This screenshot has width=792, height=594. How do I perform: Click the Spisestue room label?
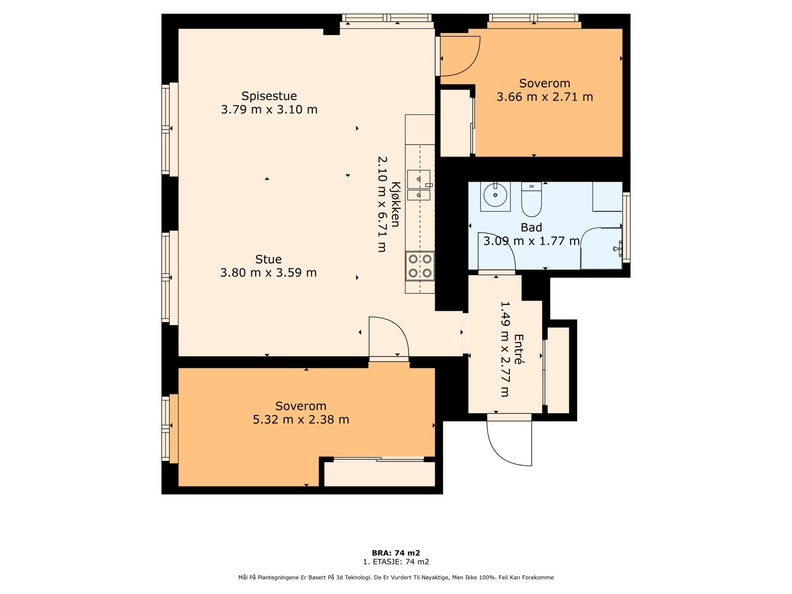tap(269, 96)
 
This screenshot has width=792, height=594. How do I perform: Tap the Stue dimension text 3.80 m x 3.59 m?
tap(268, 273)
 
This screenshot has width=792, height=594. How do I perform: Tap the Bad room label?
tap(531, 228)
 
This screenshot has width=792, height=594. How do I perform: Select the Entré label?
tap(518, 349)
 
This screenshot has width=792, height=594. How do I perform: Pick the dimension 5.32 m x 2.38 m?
tap(301, 419)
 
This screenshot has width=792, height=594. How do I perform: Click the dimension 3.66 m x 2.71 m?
tap(545, 97)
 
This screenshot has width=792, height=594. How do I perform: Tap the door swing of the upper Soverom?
tap(460, 56)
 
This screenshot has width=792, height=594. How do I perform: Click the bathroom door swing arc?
tap(496, 251)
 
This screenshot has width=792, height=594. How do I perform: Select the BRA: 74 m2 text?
tap(396, 553)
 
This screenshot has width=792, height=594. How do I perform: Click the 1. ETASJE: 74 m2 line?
tap(396, 561)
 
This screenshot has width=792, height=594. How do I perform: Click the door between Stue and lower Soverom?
tap(389, 338)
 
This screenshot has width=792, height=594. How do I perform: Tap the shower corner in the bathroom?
tap(601, 248)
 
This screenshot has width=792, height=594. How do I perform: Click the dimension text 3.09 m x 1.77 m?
tap(532, 241)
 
